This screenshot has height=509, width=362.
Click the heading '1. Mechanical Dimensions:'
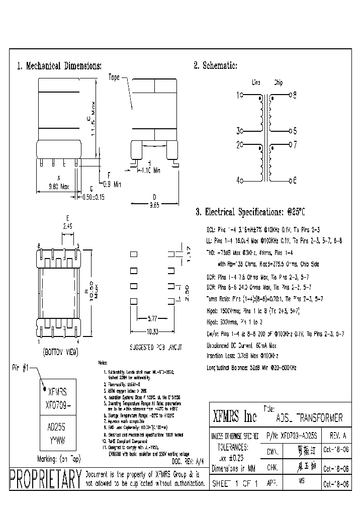tap(59, 66)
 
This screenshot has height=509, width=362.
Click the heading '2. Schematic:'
tap(215, 66)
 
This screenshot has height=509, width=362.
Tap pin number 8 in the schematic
tap(295, 94)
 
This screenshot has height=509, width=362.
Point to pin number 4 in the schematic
tap(239, 180)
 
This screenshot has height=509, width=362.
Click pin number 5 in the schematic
tap(295, 131)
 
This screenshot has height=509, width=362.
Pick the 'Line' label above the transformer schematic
tap(256, 82)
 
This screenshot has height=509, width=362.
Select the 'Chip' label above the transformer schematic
tap(278, 82)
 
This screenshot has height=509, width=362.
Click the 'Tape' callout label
tap(114, 78)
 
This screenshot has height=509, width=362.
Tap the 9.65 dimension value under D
tap(154, 205)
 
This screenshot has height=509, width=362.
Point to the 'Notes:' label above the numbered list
tap(103, 362)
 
